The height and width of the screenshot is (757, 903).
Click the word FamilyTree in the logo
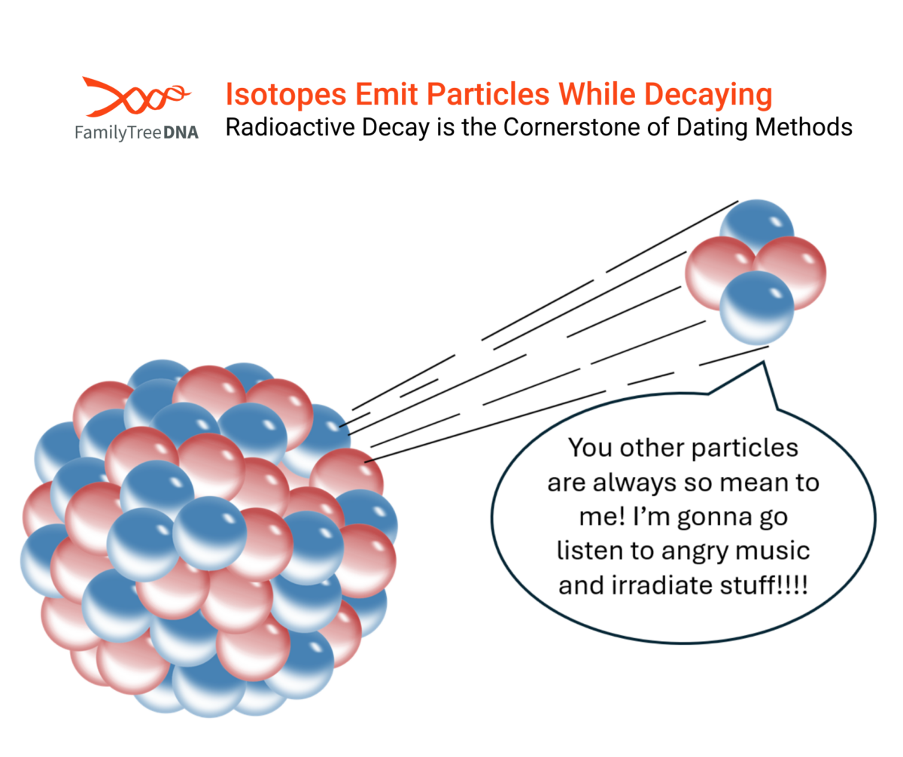118,132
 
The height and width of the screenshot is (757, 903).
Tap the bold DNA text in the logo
181,132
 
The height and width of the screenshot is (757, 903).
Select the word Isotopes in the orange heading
286,94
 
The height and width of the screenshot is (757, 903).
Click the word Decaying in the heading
708,94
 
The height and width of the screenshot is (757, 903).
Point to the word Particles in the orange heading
488,94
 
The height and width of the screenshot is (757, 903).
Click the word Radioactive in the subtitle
290,127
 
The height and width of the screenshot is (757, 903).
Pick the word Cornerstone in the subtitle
572,127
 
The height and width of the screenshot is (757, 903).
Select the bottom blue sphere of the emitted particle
757,308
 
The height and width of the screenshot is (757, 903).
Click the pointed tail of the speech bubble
763,363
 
